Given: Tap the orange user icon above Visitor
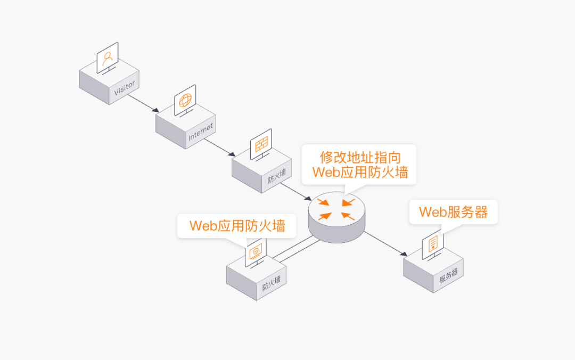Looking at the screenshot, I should click(x=108, y=57).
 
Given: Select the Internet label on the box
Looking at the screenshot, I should click(x=201, y=133).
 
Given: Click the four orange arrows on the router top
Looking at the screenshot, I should click(x=336, y=209).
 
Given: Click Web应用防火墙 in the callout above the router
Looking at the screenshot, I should click(x=360, y=173).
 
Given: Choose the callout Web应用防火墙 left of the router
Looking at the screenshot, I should click(x=237, y=226).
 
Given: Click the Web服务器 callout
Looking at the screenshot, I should click(x=453, y=212).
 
